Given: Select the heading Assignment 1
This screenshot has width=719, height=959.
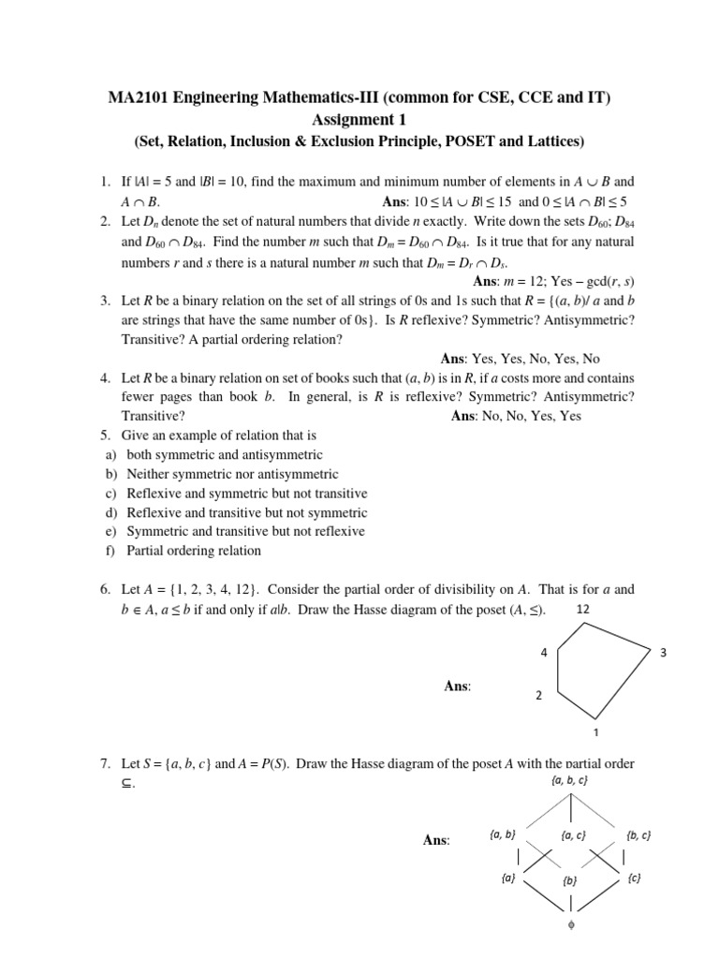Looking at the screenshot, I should tap(359, 120).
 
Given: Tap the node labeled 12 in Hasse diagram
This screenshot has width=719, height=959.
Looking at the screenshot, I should tap(583, 609).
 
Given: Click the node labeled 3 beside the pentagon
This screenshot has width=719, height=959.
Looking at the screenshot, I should tap(662, 653).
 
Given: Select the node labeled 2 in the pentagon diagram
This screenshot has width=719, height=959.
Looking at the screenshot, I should tap(537, 696).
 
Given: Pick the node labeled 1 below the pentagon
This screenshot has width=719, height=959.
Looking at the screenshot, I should tap(595, 732).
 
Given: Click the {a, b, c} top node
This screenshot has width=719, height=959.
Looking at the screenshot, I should tap(570, 779).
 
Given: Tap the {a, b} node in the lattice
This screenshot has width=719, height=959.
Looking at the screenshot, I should tap(503, 834).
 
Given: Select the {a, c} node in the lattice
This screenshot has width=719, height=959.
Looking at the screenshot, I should tap(573, 834).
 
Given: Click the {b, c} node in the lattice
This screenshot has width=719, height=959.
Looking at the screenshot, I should tap(639, 834).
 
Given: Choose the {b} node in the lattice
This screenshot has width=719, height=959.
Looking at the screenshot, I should tap(570, 881).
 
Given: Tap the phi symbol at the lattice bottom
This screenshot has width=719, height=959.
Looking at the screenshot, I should tap(570, 925).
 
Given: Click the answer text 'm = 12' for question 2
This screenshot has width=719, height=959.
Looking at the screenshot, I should tap(527, 281).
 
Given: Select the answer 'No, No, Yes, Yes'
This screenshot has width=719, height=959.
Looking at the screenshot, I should tap(531, 416).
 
